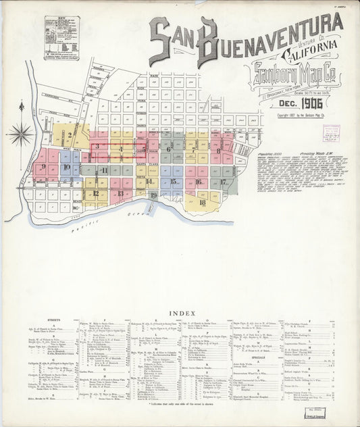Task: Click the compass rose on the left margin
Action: (21, 132)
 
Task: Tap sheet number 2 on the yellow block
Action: (70, 134)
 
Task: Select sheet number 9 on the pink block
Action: (43, 166)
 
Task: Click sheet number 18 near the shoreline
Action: (202, 202)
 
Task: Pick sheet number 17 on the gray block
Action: (222, 182)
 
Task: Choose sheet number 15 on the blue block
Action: (174, 181)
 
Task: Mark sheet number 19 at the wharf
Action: (153, 195)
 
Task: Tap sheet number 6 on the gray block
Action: (168, 149)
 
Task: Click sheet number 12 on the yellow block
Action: (96, 193)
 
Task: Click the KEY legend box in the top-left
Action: (61, 38)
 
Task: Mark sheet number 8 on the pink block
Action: (219, 151)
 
